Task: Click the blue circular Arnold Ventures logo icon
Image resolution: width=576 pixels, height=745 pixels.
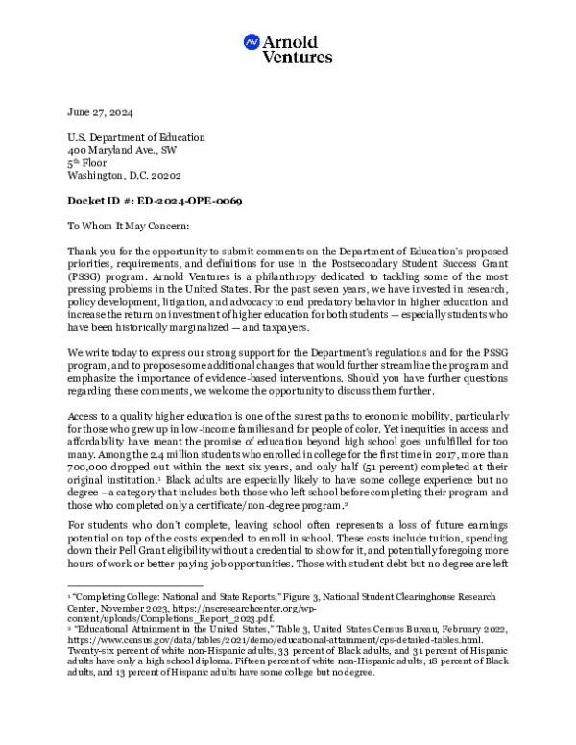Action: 252,42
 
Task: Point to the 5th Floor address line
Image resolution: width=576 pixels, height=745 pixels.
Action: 92,163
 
